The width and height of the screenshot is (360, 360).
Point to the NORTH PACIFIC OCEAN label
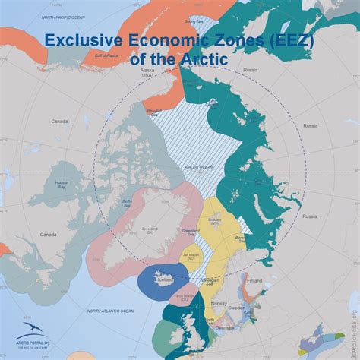(x=65, y=16)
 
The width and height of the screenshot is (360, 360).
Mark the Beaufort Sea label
(x=155, y=112)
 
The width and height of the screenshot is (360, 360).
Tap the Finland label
(x=254, y=280)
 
